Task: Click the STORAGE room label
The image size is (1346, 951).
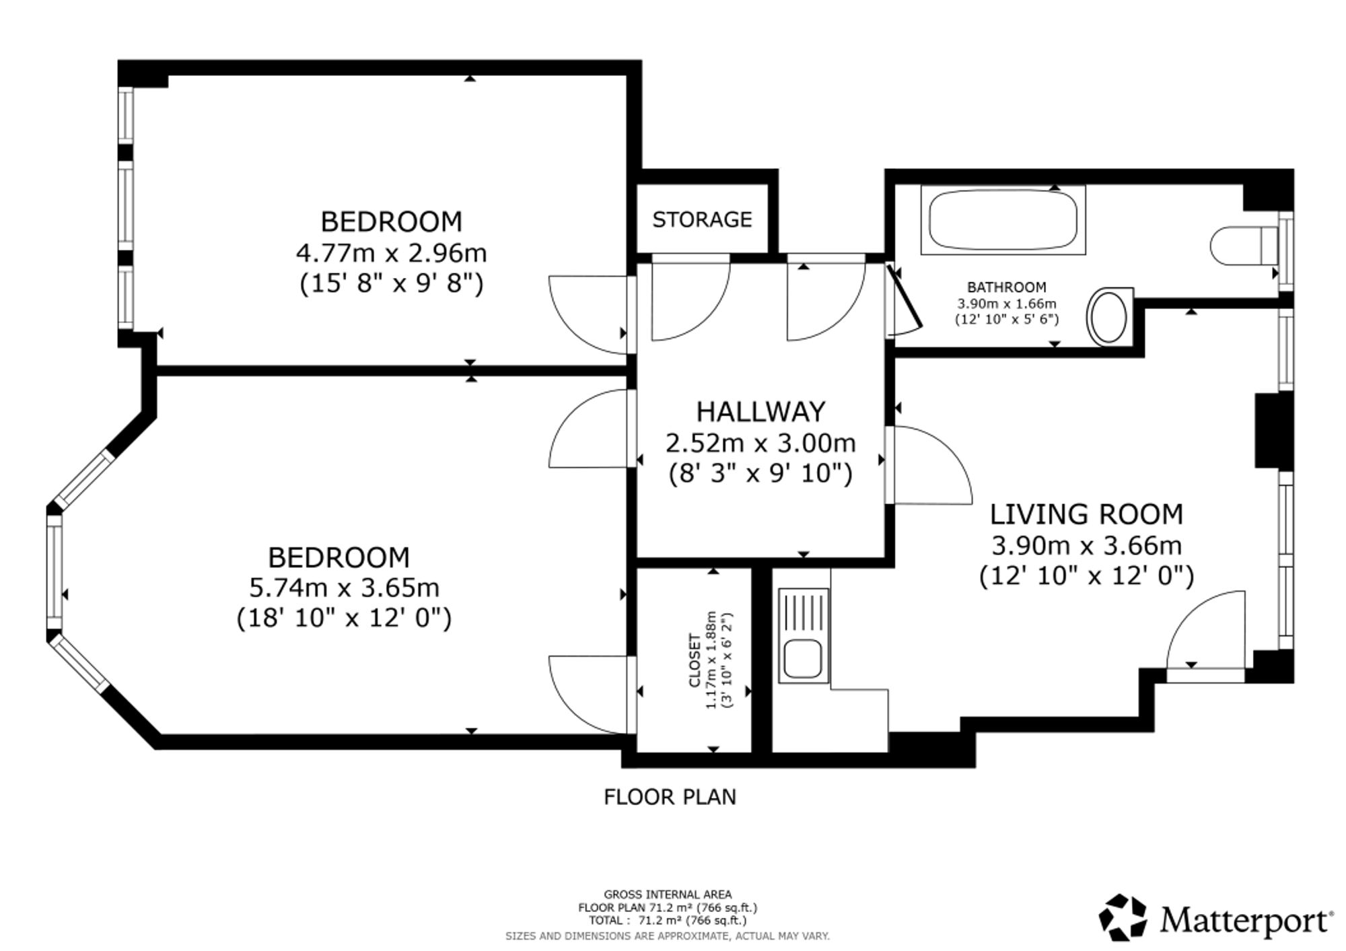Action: pos(702,219)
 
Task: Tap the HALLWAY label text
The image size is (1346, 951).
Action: pos(760,411)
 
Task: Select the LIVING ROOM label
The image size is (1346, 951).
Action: pos(1086,514)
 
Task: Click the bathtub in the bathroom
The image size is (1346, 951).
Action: pos(1003,220)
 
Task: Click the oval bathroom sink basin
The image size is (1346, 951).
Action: pos(1108,317)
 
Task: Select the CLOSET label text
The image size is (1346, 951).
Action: pos(695,660)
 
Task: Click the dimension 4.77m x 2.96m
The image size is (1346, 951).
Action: pos(391,253)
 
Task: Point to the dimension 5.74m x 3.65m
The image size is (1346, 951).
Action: pos(344,588)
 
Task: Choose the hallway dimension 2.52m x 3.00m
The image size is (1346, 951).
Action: pos(760,443)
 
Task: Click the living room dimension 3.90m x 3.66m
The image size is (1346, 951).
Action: pos(1086,545)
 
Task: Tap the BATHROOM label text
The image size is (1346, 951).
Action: pos(1007,287)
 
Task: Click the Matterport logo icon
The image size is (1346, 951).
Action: pos(1123,917)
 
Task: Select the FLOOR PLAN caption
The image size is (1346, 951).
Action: pos(670,797)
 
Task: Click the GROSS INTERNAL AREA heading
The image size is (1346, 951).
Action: pos(668,894)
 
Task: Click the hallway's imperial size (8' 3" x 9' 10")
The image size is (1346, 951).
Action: pos(760,474)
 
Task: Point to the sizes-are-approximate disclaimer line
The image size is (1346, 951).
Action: pos(668,936)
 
